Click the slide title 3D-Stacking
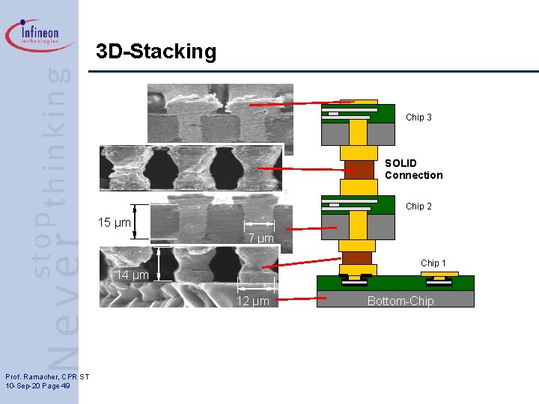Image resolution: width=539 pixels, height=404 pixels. point(156,52)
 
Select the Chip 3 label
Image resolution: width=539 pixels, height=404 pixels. point(418,117)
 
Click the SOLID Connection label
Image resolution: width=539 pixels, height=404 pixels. point(413,169)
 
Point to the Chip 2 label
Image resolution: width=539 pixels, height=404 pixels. point(418,206)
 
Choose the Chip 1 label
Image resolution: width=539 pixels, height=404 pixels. point(433,263)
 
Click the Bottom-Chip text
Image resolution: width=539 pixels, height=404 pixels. point(400,301)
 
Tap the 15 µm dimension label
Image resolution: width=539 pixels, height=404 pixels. point(115,223)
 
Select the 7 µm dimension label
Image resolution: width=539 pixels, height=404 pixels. point(261,239)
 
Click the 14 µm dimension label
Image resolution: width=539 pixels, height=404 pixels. point(132,275)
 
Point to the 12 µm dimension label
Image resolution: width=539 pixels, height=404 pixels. point(252,302)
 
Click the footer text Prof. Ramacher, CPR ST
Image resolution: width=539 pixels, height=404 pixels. point(47,376)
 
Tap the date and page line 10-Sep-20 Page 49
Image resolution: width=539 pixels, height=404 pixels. point(37,385)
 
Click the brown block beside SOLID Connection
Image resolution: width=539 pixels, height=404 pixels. point(359,170)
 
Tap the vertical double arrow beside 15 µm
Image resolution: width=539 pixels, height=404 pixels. point(135,222)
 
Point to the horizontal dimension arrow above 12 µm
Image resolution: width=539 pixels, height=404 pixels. point(255,287)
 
